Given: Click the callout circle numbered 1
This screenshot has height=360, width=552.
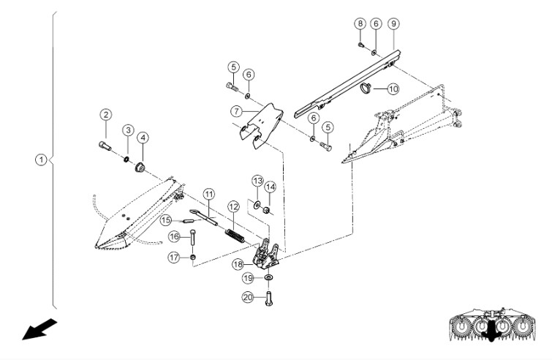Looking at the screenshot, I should click(x=42, y=158).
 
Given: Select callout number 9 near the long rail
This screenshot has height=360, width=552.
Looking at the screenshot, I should click(x=393, y=23).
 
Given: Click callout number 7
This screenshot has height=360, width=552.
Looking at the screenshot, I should click(x=236, y=112).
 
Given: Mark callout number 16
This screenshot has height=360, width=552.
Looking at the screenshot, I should click(x=173, y=236).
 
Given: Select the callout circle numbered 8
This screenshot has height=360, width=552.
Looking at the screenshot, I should click(x=360, y=23).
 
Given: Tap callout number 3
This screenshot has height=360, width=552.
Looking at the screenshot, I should click(x=127, y=130).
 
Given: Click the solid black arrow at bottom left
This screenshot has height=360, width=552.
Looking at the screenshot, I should click(x=32, y=330).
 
